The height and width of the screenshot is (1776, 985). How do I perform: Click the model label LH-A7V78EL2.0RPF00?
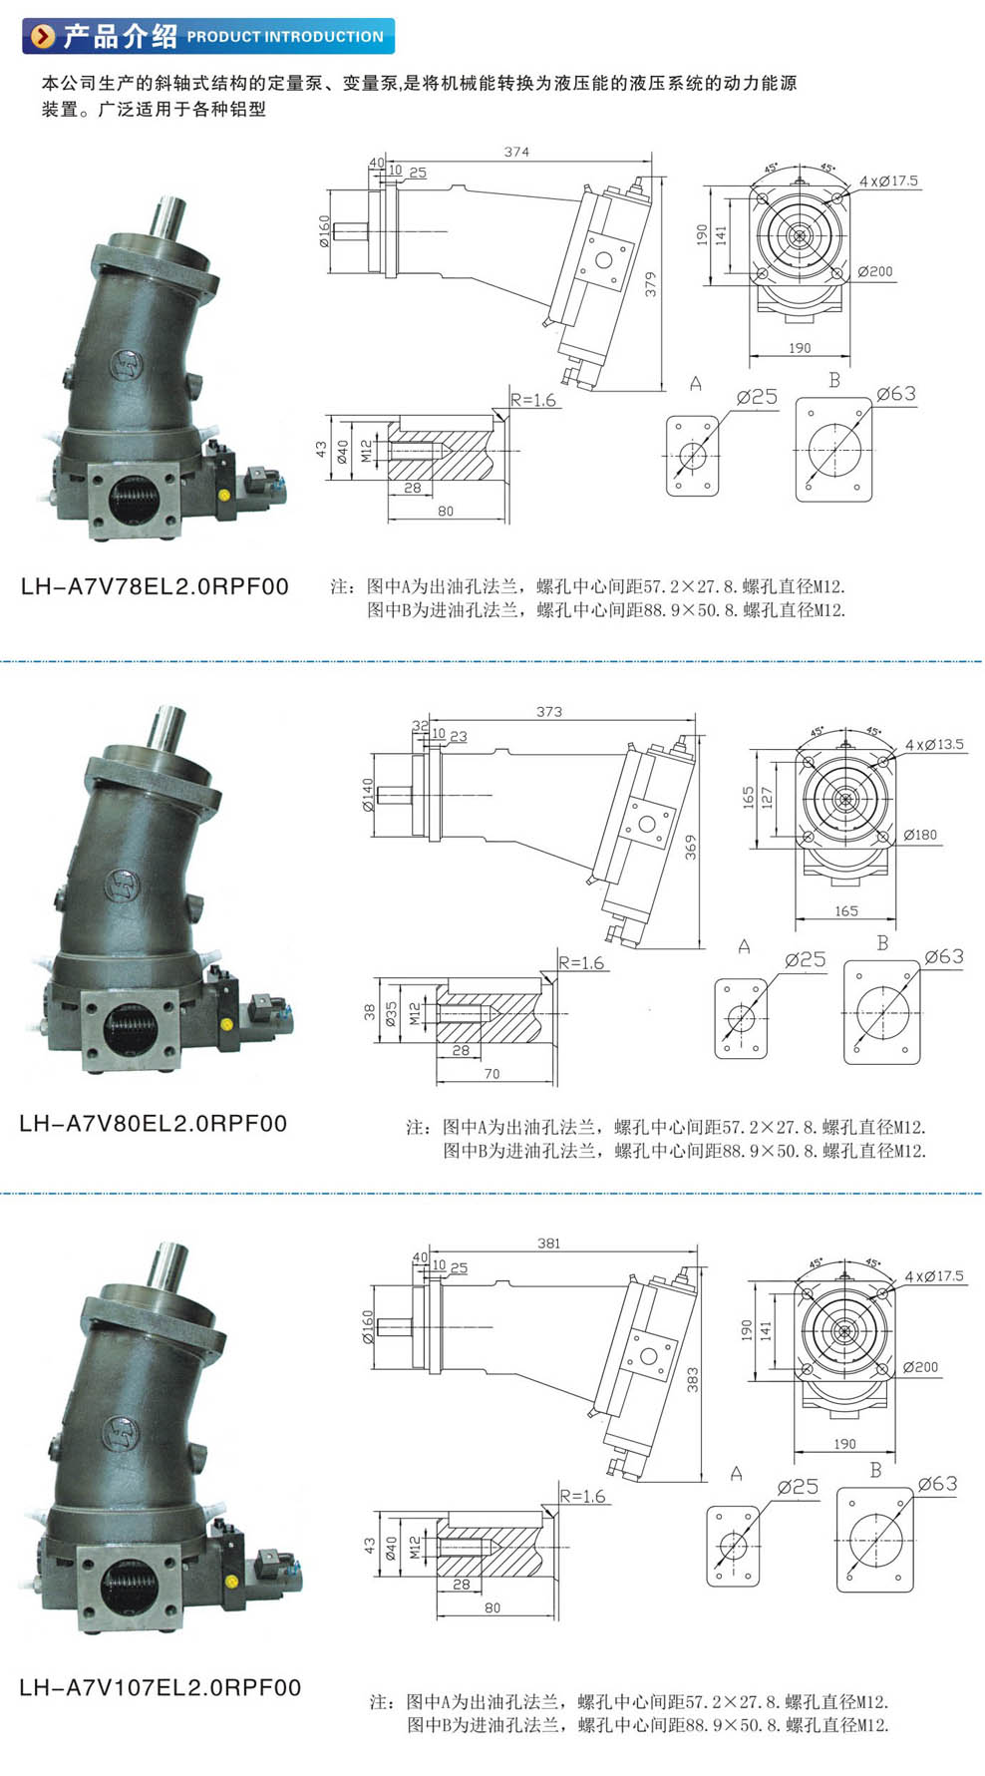(155, 586)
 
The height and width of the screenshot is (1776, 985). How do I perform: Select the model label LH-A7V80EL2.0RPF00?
(154, 1124)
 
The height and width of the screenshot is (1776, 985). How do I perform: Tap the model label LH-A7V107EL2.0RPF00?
(160, 1687)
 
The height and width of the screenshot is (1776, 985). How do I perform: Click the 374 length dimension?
(516, 152)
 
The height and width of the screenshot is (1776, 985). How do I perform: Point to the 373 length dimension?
(549, 712)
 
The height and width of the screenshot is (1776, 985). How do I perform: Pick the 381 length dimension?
(549, 1243)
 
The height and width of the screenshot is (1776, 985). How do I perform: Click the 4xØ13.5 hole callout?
(934, 744)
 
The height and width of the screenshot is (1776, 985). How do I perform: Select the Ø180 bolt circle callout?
(920, 835)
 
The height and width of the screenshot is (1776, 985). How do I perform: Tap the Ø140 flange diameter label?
(368, 795)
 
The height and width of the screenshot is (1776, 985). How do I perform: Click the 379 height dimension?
(651, 284)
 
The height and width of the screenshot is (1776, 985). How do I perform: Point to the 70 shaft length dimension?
(492, 1074)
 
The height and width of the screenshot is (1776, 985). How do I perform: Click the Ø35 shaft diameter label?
(391, 1014)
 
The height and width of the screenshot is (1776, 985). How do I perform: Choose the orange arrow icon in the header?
(43, 37)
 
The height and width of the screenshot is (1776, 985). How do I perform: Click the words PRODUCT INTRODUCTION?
(285, 37)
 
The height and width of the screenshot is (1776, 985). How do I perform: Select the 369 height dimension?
(691, 848)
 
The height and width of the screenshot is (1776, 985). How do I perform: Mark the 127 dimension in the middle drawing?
(766, 798)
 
